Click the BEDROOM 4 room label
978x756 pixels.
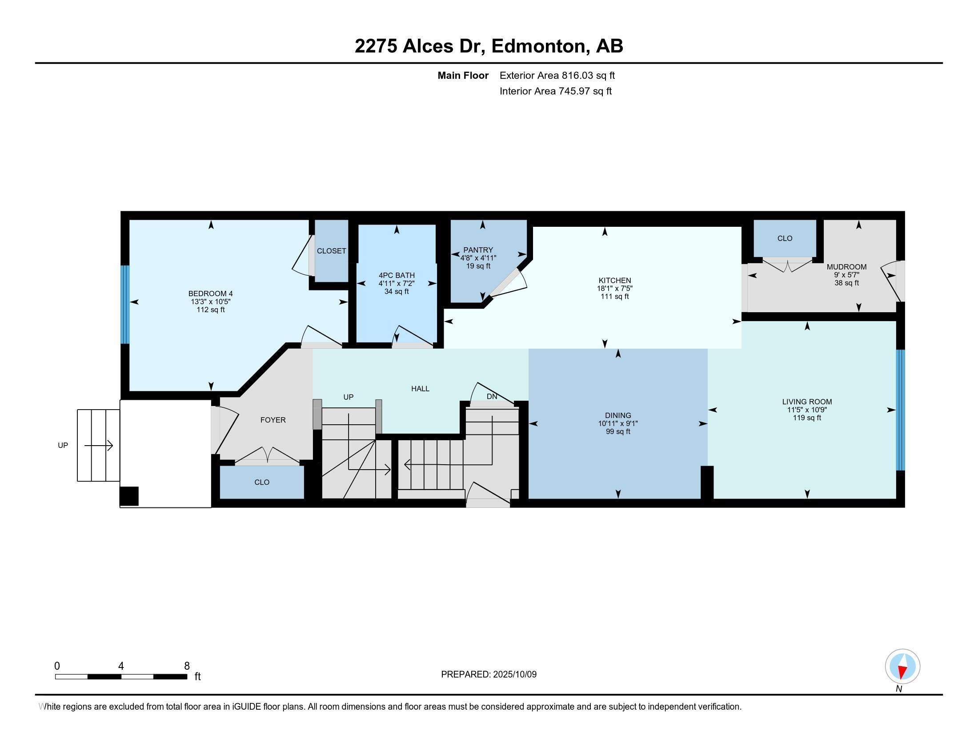pyautogui.click(x=210, y=294)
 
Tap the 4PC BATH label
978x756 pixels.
pyautogui.click(x=396, y=275)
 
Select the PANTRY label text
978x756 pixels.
pyautogui.click(x=478, y=250)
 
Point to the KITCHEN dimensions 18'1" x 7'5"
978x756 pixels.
pyautogui.click(x=614, y=289)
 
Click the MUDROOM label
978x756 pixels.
pyautogui.click(x=846, y=267)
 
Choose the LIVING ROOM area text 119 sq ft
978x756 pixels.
pyautogui.click(x=807, y=418)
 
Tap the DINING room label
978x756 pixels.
pyautogui.click(x=618, y=415)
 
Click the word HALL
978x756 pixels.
pyautogui.click(x=420, y=389)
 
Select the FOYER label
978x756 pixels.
pyautogui.click(x=273, y=420)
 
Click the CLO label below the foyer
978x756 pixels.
pyautogui.click(x=261, y=483)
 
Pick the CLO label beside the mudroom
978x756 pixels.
pyautogui.click(x=785, y=238)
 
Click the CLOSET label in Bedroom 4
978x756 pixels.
pyautogui.click(x=331, y=251)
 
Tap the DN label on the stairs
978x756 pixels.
pyautogui.click(x=492, y=396)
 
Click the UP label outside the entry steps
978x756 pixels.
pyautogui.click(x=63, y=445)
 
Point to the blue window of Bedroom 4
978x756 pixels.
pyautogui.click(x=125, y=305)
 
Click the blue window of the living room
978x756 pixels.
pyautogui.click(x=900, y=410)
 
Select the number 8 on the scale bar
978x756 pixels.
pyautogui.click(x=187, y=666)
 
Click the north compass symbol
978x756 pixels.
pyautogui.click(x=902, y=667)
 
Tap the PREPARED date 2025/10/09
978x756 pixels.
pyautogui.click(x=514, y=674)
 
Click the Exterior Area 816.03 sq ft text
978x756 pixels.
pyautogui.click(x=557, y=75)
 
